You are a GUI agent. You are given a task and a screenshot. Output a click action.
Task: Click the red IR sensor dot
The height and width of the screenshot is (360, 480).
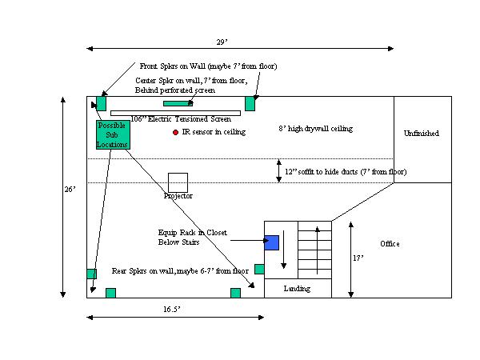pos(175,132)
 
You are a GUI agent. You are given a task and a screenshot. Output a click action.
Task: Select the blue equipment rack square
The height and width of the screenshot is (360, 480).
pos(271,242)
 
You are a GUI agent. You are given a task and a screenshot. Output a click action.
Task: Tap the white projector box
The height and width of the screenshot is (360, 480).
pos(178,182)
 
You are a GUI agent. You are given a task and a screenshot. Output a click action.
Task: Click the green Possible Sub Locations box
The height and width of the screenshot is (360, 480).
pos(113,134)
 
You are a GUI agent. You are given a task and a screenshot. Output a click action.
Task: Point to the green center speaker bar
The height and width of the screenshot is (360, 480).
pos(178,103)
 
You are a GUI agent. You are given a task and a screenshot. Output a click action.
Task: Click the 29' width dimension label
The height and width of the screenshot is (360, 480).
pos(222,42)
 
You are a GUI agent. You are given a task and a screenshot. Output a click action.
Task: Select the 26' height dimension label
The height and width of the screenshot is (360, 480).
pos(70,190)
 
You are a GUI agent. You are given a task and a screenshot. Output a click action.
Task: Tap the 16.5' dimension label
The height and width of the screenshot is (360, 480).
pos(171,309)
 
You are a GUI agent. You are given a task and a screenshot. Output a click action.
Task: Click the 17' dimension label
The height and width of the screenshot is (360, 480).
pos(358,258)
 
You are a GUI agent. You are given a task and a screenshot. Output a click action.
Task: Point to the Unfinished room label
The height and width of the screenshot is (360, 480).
pos(422,133)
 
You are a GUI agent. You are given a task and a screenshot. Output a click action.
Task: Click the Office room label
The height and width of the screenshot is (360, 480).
pos(390,244)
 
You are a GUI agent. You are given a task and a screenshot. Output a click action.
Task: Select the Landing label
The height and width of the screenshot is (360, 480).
pos(297,288)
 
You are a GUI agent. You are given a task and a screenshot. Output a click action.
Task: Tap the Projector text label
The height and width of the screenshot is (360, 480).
pos(178,196)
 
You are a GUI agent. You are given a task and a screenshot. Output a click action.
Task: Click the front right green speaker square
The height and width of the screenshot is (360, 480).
pos(250,103)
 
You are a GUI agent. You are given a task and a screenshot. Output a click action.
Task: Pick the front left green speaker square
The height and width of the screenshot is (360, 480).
pos(101,103)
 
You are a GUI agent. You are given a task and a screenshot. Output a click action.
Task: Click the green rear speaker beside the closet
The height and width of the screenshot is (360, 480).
pos(259,269)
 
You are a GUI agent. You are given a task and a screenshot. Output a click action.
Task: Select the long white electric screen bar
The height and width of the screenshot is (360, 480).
pos(175,114)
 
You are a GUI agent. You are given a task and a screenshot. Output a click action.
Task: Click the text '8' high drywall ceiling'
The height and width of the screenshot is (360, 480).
pos(316,129)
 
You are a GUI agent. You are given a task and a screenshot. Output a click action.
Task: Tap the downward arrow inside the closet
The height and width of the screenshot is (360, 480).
pos(284,250)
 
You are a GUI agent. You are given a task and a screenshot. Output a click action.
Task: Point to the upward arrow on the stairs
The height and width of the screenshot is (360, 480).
pos(318,250)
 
